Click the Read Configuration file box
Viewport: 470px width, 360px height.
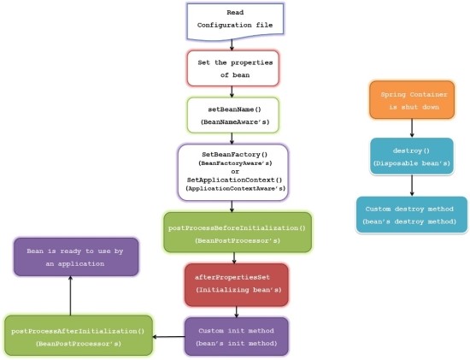232,21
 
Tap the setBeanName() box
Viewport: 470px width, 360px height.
233,115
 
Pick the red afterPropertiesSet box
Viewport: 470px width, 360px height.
237,284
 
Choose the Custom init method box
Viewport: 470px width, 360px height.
237,335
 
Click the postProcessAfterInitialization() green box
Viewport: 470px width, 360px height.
77,335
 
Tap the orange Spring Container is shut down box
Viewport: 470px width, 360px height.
412,100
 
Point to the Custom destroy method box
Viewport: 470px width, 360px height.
412,215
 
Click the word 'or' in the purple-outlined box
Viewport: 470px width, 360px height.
233,171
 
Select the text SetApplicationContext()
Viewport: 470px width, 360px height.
233,180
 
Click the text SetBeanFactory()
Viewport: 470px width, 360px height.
233,153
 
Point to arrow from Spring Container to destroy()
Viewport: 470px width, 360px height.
412,128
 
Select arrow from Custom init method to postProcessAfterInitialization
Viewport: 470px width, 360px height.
167,336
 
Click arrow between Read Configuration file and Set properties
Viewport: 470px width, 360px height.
232,44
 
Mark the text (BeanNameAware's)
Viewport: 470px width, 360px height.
233,122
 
